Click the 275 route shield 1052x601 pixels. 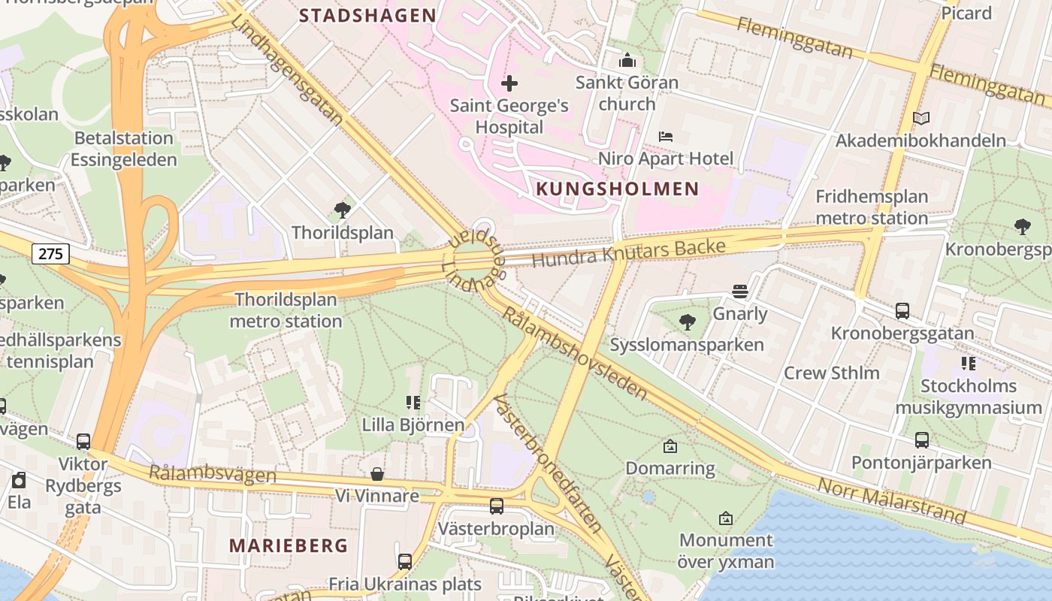pos(51,254)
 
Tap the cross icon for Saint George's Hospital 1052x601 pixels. pos(509,83)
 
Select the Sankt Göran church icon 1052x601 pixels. pos(627,61)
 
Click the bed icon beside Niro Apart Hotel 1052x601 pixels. pos(666,137)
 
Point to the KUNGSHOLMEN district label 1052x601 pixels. pos(617,189)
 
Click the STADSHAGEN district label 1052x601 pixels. pos(367,15)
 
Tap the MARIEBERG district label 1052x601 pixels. pos(289,545)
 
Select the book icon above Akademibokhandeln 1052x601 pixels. pos(920,118)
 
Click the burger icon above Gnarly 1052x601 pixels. pos(740,291)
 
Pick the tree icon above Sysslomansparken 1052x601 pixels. pos(687,323)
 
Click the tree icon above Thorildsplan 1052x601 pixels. pos(343,210)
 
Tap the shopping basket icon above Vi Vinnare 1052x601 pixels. pos(377,474)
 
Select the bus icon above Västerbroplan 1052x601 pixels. pos(496,506)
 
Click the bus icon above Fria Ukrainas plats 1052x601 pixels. pos(404,561)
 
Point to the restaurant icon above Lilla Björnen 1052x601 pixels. pos(413,403)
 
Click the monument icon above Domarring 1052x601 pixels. pos(670,446)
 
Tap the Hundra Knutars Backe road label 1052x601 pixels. pos(628,253)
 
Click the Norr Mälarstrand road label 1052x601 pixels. pos(891,500)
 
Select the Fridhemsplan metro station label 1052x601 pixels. pos(872,207)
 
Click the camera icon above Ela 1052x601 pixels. pos(19,479)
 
